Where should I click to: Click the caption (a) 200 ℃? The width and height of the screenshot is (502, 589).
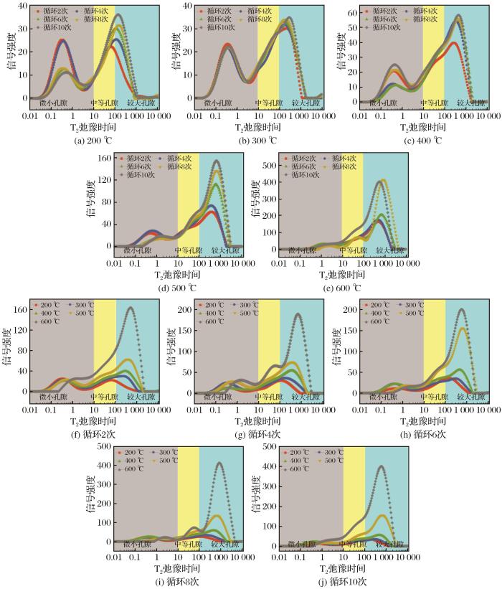[85, 140]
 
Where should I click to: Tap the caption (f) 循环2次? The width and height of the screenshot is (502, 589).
[85, 433]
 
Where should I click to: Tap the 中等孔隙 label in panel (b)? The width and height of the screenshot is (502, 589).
[269, 103]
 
